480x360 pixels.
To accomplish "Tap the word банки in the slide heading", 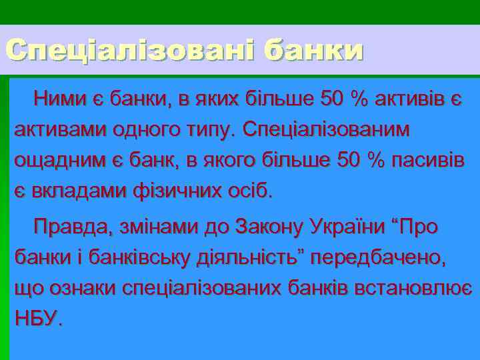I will [313, 50].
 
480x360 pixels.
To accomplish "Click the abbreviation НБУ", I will [36, 318].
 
